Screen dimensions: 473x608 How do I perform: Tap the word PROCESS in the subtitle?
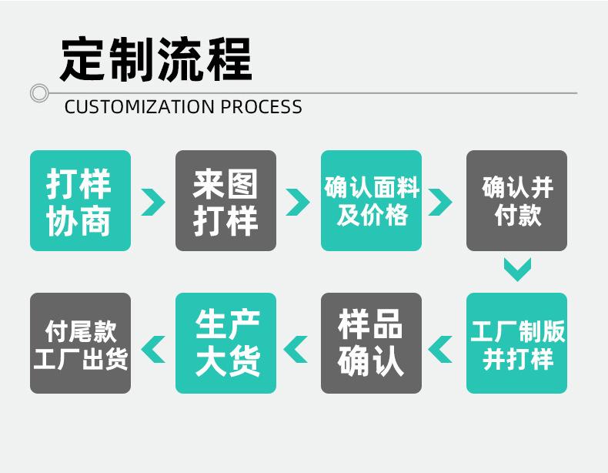click(262, 106)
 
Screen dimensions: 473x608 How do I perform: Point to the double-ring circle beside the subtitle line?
click(39, 93)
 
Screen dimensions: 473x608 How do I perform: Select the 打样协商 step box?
click(80, 200)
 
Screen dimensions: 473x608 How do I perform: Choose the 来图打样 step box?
click(225, 200)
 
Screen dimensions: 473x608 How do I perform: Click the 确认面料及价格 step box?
click(371, 200)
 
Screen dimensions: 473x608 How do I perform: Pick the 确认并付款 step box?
click(516, 200)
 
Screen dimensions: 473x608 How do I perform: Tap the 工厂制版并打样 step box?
click(516, 343)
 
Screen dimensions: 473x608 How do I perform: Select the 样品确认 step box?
click(371, 343)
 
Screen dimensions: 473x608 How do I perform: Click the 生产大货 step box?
click(225, 343)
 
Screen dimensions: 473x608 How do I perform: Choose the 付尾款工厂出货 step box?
click(80, 343)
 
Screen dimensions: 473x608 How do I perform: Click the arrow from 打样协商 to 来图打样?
click(152, 201)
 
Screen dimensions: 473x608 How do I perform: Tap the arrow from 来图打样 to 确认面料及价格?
click(297, 201)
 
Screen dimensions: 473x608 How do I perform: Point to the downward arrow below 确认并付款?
click(517, 269)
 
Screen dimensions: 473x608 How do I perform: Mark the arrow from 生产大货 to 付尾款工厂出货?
click(153, 348)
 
